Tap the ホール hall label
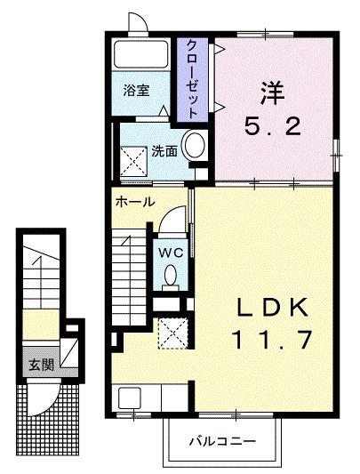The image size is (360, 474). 135,202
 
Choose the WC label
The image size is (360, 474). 171,253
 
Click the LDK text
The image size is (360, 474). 270,308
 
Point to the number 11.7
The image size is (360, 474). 270,339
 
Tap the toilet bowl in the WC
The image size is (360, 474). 171,277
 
